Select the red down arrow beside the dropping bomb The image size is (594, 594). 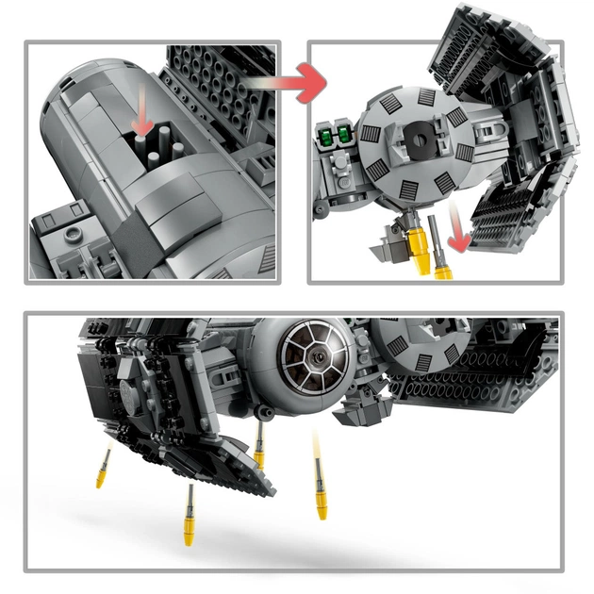tap(460, 236)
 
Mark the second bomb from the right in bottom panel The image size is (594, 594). tap(258, 443)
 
